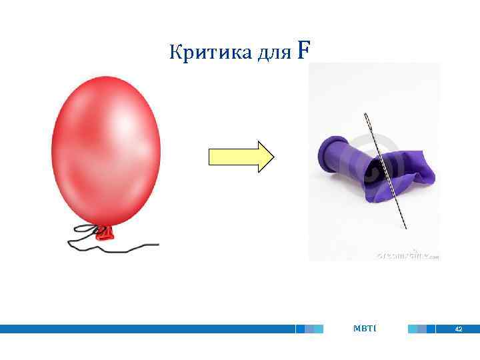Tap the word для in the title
pyautogui.click(x=274, y=52)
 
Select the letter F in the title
pyautogui.click(x=303, y=50)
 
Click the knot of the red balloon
pyautogui.click(x=105, y=232)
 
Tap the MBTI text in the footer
pyautogui.click(x=365, y=329)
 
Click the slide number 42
pyautogui.click(x=458, y=329)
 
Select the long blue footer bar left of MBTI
pyautogui.click(x=147, y=329)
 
